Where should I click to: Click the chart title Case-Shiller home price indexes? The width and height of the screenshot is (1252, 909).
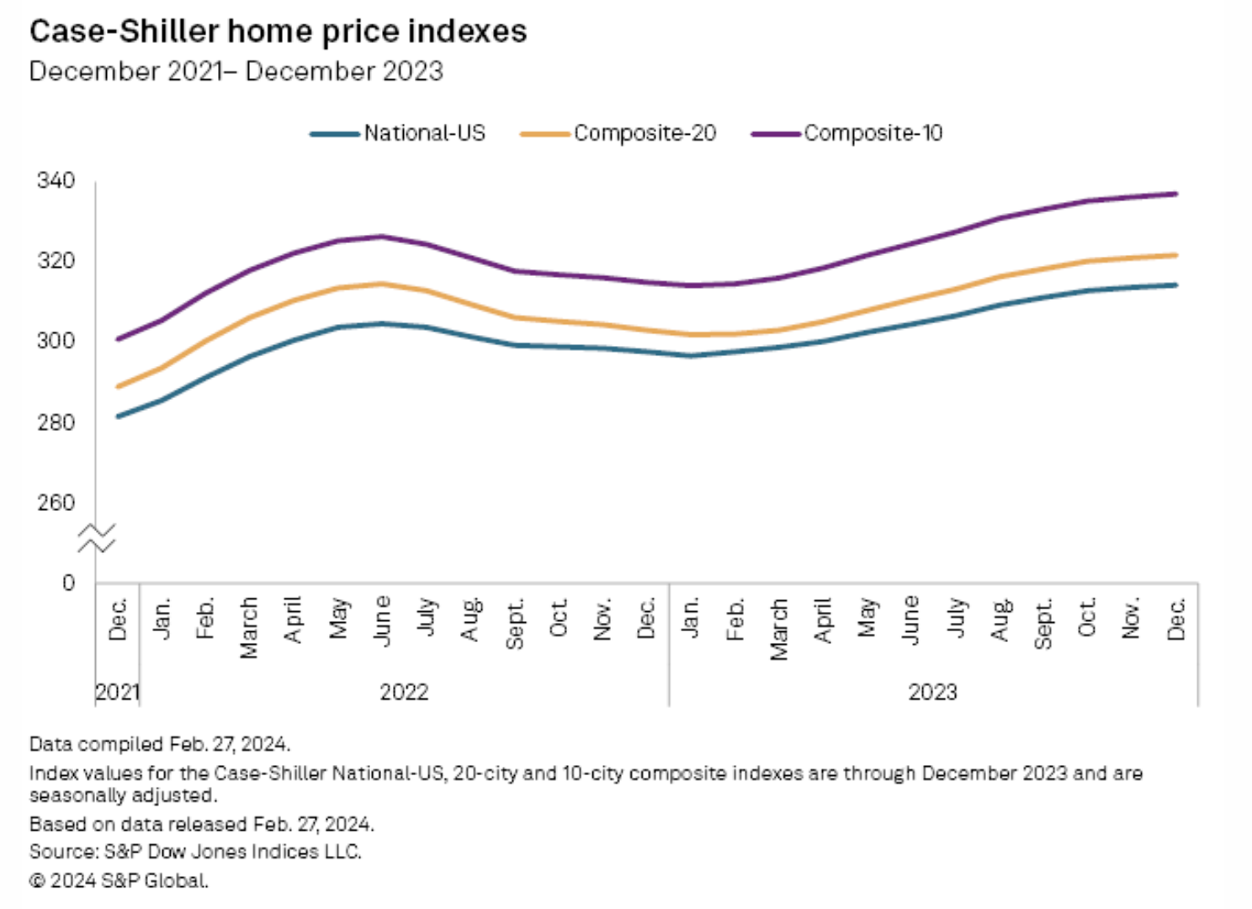tap(278, 32)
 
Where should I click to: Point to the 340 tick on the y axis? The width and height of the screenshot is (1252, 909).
tap(56, 180)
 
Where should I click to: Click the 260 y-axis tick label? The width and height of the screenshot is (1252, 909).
tap(56, 502)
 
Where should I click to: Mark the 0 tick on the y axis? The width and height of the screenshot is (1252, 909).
tap(68, 582)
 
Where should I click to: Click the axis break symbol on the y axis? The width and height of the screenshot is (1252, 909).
tap(96, 538)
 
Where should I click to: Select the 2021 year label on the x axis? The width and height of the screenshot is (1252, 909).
tap(117, 692)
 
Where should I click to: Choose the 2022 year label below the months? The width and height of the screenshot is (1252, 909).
tap(404, 692)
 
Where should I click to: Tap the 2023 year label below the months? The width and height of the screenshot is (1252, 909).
tap(932, 692)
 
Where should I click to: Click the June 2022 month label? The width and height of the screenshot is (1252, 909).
tap(382, 620)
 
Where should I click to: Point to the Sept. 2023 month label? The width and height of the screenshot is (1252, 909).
tap(1043, 624)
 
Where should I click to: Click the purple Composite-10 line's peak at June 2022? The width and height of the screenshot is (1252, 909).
tap(382, 237)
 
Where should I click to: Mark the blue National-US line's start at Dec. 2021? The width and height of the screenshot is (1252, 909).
tap(118, 416)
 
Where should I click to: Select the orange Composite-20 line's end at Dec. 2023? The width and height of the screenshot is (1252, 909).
tap(1175, 255)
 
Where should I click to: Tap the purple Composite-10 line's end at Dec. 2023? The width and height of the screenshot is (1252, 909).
tap(1175, 194)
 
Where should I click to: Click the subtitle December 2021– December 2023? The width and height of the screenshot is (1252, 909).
tap(236, 72)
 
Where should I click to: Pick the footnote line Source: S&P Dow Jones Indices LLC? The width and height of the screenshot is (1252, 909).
tap(195, 852)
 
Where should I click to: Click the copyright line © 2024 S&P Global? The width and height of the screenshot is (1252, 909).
tap(119, 880)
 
